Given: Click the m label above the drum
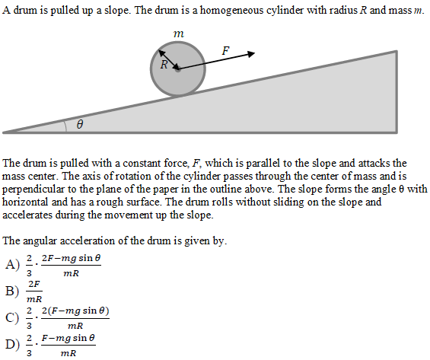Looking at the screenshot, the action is pyautogui.click(x=178, y=34).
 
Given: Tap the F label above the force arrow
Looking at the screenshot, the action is pyautogui.click(x=225, y=50).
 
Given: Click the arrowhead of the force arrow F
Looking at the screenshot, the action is pyautogui.click(x=251, y=54).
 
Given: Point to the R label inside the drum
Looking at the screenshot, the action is pyautogui.click(x=164, y=64).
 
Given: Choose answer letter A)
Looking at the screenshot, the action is pyautogui.click(x=11, y=265).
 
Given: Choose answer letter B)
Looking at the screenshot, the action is pyautogui.click(x=11, y=290).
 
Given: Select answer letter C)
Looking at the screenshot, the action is pyautogui.click(x=11, y=318).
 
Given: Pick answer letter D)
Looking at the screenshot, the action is pyautogui.click(x=11, y=346).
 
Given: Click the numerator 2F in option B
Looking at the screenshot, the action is pyautogui.click(x=33, y=284).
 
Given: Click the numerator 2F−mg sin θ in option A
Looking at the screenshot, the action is pyautogui.click(x=70, y=258).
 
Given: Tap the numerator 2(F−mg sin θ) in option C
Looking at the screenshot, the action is pyautogui.click(x=72, y=311).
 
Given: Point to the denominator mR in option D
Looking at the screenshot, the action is pyautogui.click(x=68, y=353).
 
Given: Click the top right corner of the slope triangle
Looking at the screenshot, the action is pyautogui.click(x=396, y=52).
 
